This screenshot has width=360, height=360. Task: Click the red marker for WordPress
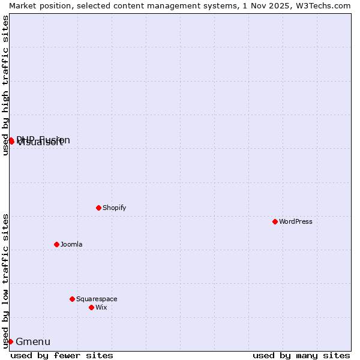click(x=275, y=221)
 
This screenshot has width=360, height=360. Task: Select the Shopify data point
click(x=98, y=208)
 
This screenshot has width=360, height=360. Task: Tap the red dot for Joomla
click(x=56, y=244)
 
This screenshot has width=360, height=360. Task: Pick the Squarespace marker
click(x=72, y=299)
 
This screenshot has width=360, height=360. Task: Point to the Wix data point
click(x=91, y=307)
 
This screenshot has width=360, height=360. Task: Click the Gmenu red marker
click(x=10, y=341)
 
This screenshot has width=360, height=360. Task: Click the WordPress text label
click(x=296, y=221)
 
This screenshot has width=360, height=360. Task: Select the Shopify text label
click(x=114, y=208)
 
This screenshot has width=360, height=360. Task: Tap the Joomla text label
click(x=71, y=244)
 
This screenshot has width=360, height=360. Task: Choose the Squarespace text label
click(x=97, y=299)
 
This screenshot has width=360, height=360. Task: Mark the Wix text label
click(x=101, y=307)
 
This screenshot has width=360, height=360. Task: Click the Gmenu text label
click(x=33, y=342)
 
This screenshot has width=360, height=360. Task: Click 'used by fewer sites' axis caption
click(x=62, y=355)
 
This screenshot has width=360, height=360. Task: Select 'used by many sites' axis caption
click(x=301, y=355)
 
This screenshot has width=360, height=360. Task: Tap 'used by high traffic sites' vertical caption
click(x=6, y=85)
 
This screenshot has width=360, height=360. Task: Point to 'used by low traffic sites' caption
click(x=6, y=281)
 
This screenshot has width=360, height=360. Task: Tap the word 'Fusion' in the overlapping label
click(x=55, y=140)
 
